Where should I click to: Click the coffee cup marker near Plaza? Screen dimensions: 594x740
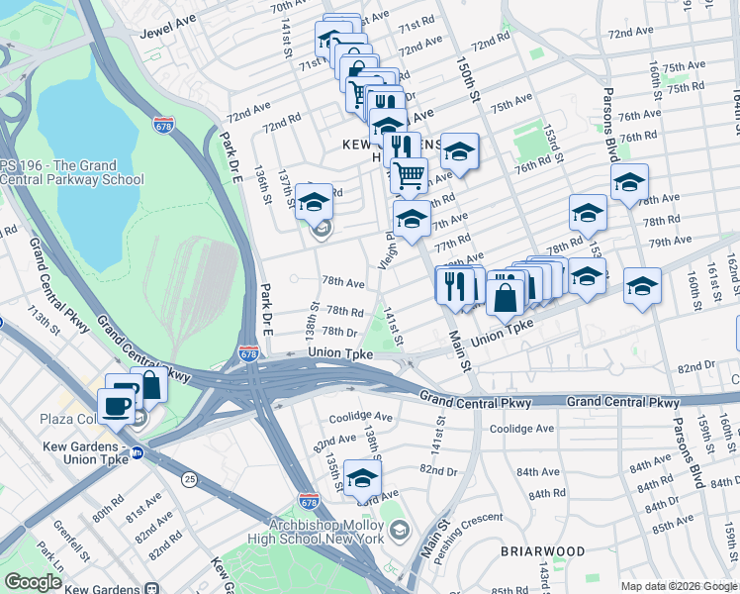(116, 405)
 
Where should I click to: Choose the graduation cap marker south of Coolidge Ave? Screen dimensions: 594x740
(362, 478)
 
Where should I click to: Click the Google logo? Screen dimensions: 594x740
(34, 582)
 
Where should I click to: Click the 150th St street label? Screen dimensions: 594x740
(468, 80)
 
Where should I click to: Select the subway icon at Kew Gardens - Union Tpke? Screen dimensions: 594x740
(138, 453)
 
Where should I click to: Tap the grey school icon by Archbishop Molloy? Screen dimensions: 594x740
(399, 532)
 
